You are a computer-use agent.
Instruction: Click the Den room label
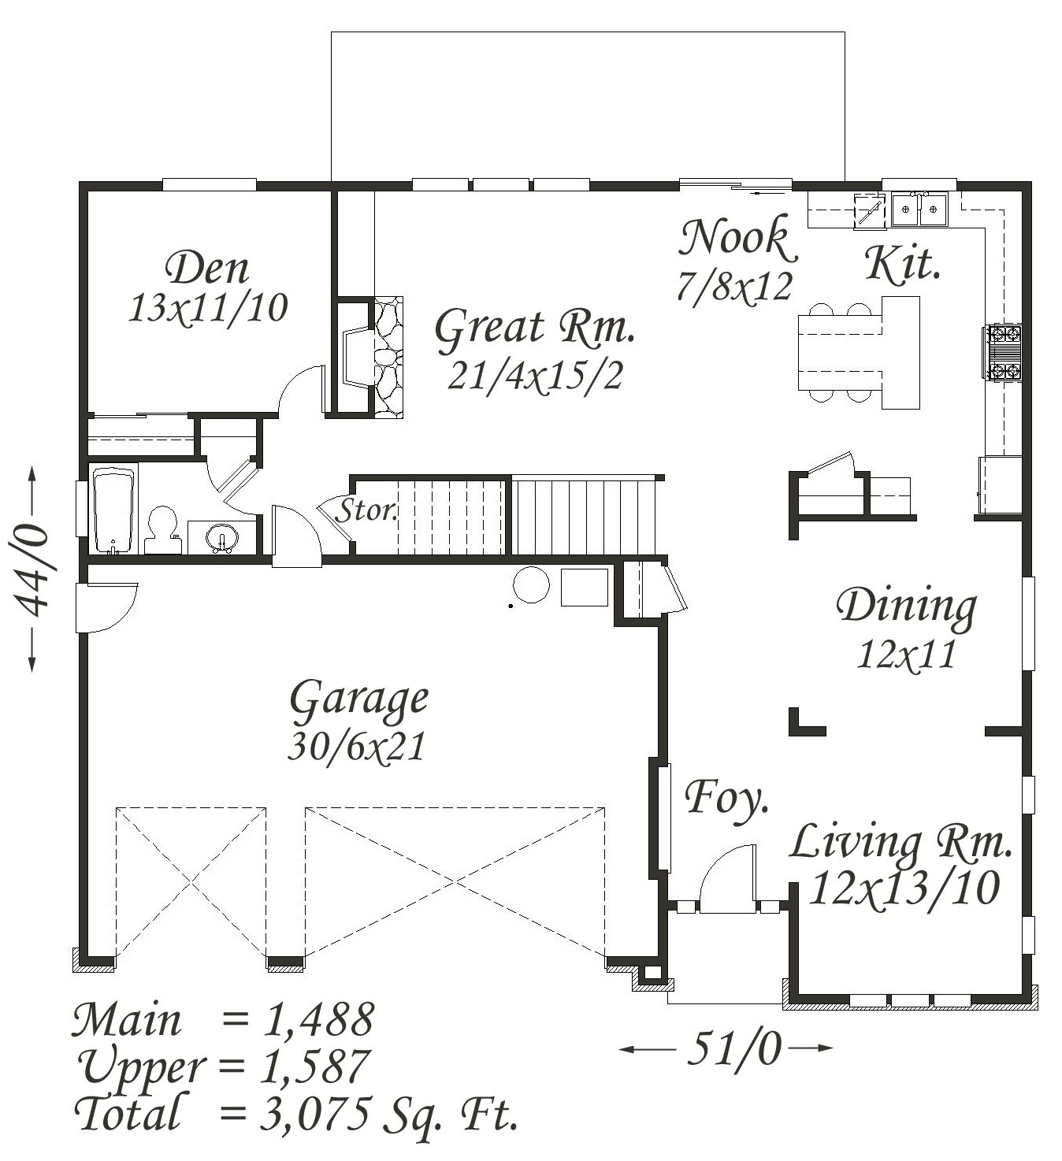207,269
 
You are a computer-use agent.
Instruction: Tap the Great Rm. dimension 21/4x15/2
535,376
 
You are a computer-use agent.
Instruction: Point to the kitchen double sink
919,209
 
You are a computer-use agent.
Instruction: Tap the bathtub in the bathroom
114,510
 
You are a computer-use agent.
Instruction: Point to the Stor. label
367,510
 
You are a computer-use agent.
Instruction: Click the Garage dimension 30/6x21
357,747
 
